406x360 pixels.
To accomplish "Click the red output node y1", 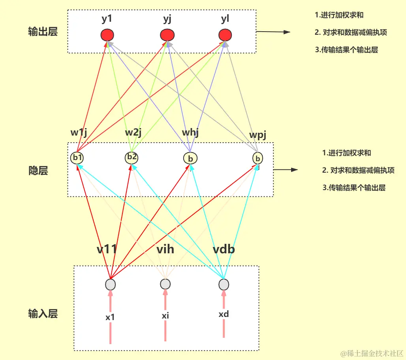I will point(107,35).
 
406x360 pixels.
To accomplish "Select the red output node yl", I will point(225,35).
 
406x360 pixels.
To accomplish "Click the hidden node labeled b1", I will point(77,158).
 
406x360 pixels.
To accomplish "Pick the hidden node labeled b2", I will point(132,157).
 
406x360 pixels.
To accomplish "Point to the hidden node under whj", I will point(190,158).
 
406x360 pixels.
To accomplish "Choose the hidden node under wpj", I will point(258,158).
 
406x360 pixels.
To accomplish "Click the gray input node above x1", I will point(111,285).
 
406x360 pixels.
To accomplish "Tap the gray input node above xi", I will point(165,284).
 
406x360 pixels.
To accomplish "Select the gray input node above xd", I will point(224,285).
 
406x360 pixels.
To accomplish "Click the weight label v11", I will point(107,250).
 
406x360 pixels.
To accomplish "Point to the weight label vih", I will point(165,250).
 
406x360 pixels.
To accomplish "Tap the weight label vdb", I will point(224,250).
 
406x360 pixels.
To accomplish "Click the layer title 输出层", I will point(43,32).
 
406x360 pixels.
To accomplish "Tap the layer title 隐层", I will point(38,171).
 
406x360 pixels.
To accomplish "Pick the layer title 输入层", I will point(43,314).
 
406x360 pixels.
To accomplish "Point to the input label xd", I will point(224,315).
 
